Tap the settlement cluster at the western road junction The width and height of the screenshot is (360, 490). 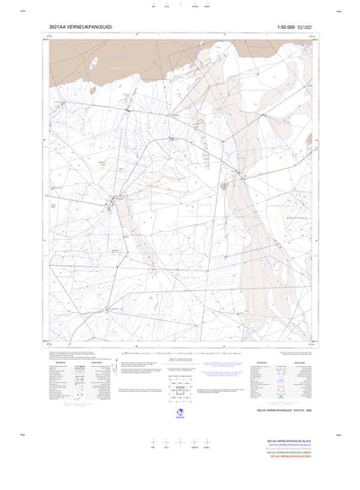112,199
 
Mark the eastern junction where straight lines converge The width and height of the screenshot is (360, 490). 239,174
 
